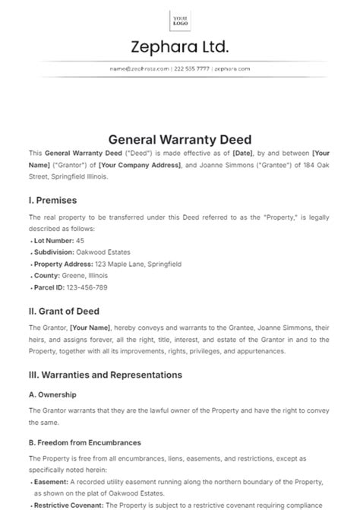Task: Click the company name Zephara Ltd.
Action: pyautogui.click(x=180, y=48)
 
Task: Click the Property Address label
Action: pyautogui.click(x=60, y=264)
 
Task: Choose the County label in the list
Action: pyautogui.click(x=48, y=275)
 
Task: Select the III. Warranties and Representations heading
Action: pyautogui.click(x=106, y=375)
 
